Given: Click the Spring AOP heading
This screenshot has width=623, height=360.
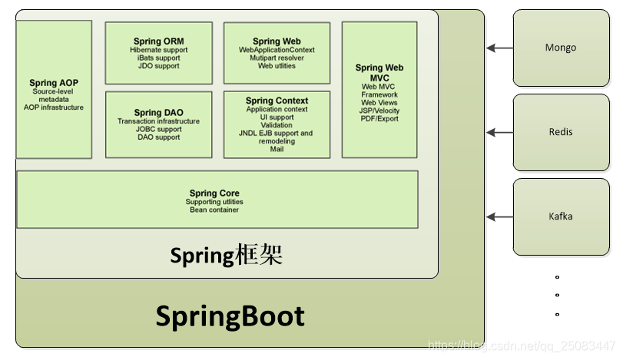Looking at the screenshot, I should point(54,83).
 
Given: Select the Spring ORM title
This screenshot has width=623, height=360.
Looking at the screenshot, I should point(158,41).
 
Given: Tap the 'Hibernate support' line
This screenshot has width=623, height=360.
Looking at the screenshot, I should point(158,50).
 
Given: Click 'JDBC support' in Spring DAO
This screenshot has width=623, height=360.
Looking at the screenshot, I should point(158,129).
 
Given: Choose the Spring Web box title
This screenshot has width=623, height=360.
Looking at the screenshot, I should point(277,41).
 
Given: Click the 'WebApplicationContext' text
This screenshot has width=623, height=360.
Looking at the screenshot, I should point(277,50).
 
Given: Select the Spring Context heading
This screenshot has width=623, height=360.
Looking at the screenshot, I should point(277,101).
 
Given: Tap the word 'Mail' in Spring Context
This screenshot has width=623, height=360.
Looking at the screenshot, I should point(277,149).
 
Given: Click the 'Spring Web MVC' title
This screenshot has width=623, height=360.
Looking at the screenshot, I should point(379,73).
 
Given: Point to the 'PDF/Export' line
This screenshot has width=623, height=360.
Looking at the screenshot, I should point(379,119).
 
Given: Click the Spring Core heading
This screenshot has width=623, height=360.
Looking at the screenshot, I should point(214,193).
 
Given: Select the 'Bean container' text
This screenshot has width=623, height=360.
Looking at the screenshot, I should point(214,210).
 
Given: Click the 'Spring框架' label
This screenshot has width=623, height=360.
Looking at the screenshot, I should point(227,255).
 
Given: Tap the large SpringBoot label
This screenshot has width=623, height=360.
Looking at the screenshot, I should point(230,316).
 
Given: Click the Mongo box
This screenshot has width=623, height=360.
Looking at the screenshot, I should point(560,48).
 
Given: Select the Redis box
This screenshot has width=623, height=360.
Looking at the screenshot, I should point(560,132).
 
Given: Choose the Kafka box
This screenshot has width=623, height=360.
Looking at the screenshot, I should point(560,216).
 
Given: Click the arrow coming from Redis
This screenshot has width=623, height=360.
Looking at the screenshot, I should point(499,132).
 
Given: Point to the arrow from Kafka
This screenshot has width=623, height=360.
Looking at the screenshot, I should point(499,216).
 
